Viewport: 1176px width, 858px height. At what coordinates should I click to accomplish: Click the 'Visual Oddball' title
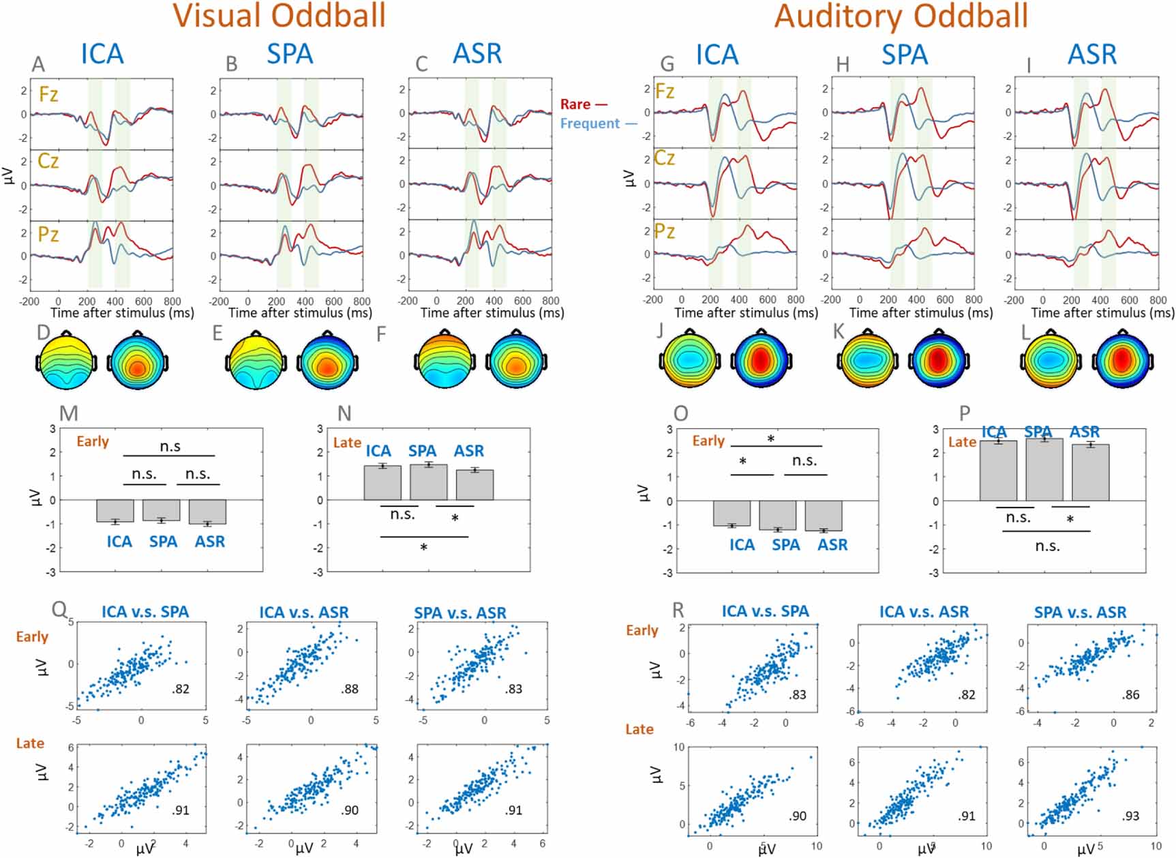[279, 15]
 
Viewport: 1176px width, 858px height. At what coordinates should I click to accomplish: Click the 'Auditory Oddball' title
[901, 15]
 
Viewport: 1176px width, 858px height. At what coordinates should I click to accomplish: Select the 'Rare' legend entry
[576, 104]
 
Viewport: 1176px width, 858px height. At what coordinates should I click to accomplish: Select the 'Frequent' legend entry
[590, 123]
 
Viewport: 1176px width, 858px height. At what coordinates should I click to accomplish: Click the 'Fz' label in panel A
[48, 93]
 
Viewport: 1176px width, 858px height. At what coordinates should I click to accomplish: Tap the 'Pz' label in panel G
[665, 231]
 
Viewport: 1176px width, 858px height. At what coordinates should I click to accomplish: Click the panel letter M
[69, 413]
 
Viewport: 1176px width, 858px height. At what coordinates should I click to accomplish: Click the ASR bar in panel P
[1090, 473]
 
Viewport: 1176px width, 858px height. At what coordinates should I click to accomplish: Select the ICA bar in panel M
[115, 511]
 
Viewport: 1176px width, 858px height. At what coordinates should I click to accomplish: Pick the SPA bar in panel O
[778, 515]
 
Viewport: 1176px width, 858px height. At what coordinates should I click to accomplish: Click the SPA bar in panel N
[429, 482]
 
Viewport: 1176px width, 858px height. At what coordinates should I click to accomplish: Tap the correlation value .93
[1130, 816]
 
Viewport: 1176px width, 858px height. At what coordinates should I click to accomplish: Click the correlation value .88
[350, 689]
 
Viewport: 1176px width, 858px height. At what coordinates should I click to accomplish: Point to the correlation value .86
[1130, 695]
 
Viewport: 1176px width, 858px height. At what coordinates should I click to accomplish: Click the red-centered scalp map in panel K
[937, 359]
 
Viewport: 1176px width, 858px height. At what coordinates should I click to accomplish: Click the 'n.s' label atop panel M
[170, 446]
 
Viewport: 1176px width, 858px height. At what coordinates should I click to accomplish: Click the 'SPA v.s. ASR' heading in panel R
[1080, 612]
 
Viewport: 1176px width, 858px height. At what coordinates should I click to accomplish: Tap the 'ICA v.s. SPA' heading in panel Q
[145, 612]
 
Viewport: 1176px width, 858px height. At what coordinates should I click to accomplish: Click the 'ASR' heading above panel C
[477, 53]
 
